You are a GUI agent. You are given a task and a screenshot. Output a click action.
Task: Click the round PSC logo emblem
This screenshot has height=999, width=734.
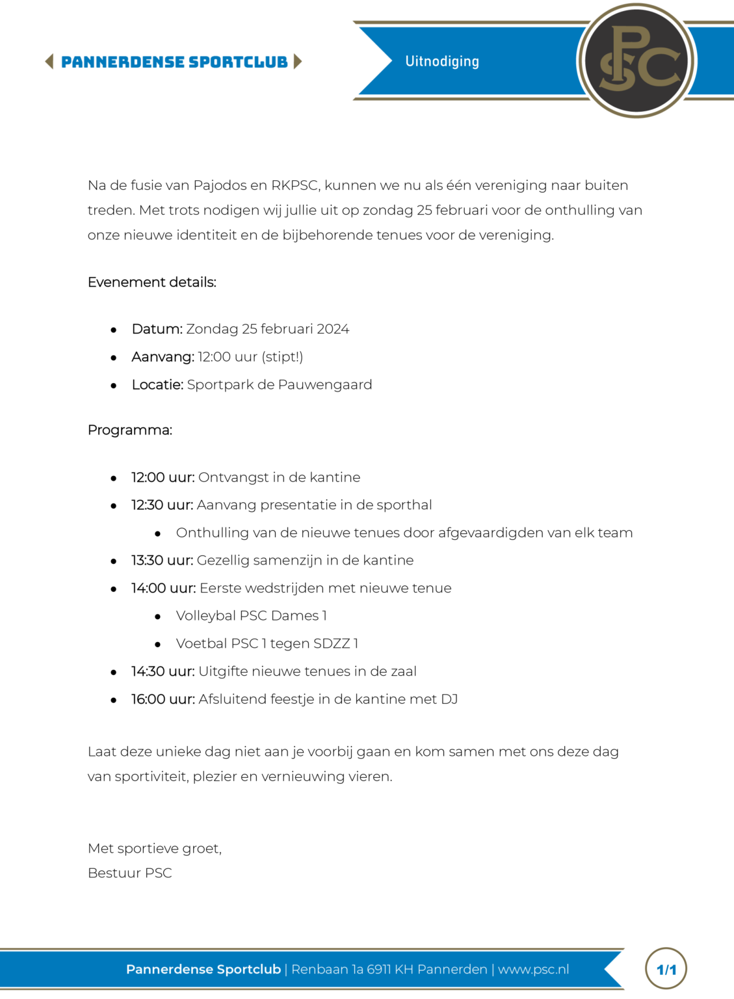pos(636,60)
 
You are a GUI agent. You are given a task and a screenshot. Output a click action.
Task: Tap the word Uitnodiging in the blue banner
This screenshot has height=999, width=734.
pos(442,61)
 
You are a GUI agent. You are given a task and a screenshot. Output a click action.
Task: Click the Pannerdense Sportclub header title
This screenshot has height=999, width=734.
pos(174,62)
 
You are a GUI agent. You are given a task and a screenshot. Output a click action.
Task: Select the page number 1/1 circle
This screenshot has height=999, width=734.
pos(666,969)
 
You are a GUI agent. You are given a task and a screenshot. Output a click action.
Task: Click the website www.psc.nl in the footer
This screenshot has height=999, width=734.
pos(533,969)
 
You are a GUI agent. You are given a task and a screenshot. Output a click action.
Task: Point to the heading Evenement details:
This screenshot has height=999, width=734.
pos(152,282)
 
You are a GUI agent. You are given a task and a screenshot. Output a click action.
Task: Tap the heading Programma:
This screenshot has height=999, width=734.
pos(130,430)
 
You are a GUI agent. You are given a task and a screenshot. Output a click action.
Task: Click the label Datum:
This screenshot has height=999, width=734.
pos(157,329)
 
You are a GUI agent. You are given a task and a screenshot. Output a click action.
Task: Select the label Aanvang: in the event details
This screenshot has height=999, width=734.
pos(163,357)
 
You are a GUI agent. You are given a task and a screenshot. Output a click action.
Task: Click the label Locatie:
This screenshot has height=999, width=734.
pos(157,385)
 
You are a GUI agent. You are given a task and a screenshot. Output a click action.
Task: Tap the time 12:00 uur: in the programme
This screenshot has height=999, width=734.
pos(163,477)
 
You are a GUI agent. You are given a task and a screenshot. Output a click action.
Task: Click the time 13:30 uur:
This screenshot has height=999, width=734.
pos(162,561)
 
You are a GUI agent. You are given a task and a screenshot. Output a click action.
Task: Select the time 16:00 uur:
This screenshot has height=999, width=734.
pos(163,699)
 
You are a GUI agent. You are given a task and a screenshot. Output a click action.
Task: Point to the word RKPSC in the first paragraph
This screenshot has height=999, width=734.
pos(295,185)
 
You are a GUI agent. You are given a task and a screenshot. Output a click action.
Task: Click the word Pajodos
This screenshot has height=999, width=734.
pos(219,185)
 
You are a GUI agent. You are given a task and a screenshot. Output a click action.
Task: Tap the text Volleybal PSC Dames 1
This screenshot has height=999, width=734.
pos(251,616)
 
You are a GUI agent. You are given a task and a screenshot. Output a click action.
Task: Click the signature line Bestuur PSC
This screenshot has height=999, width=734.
pos(130,873)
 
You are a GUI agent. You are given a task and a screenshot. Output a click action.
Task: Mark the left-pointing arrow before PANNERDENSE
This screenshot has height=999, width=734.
pos(49,62)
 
